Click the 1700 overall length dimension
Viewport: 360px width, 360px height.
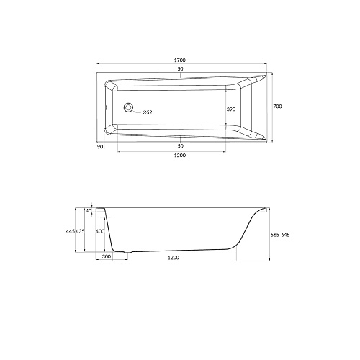pyautogui.click(x=180, y=60)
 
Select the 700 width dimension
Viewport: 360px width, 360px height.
pyautogui.click(x=277, y=107)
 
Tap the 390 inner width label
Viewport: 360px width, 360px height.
pyautogui.click(x=231, y=109)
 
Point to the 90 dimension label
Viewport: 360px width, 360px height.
pyautogui.click(x=100, y=146)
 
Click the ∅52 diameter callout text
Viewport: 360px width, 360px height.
pyautogui.click(x=147, y=112)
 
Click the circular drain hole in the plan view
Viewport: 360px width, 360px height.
pyautogui.click(x=128, y=107)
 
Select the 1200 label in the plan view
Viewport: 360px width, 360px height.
pyautogui.click(x=180, y=156)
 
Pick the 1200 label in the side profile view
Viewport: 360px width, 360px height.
pyautogui.click(x=174, y=258)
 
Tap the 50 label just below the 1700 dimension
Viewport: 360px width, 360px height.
pyautogui.click(x=180, y=69)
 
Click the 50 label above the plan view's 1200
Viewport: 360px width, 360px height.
pyautogui.click(x=180, y=146)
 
